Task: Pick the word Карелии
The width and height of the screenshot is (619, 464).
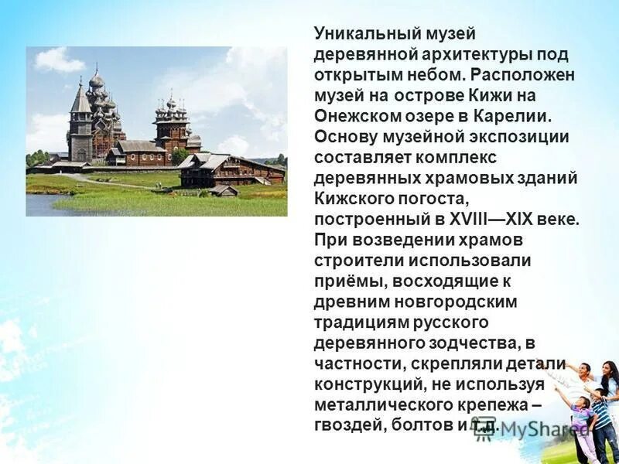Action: (x=514, y=116)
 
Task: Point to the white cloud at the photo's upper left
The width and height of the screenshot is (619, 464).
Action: (x=59, y=61)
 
